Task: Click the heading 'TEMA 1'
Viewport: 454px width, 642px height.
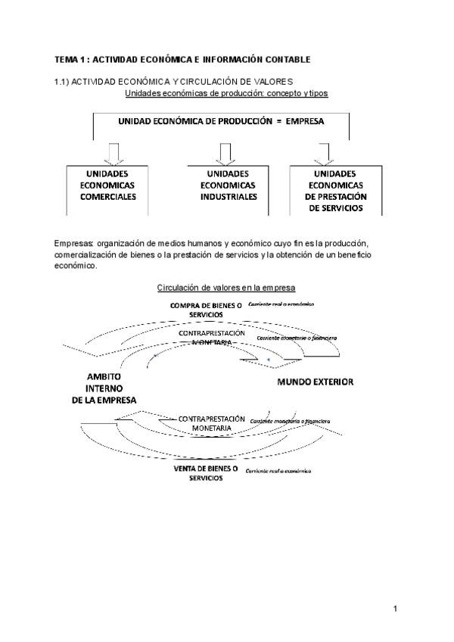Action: pos(73,59)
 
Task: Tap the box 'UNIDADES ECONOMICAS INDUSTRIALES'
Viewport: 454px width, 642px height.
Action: pos(228,185)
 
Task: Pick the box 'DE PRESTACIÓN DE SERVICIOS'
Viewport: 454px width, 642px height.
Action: pos(334,190)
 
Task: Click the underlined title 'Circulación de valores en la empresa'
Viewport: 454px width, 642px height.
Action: pos(226,288)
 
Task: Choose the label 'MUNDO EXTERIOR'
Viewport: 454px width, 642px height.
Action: pos(315,382)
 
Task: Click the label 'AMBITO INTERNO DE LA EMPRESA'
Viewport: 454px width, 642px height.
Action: pos(104,388)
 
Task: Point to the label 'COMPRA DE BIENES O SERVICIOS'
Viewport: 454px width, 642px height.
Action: pos(206,309)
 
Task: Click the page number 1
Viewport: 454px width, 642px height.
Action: pos(395,608)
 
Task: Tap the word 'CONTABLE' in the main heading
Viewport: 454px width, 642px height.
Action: pos(288,59)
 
